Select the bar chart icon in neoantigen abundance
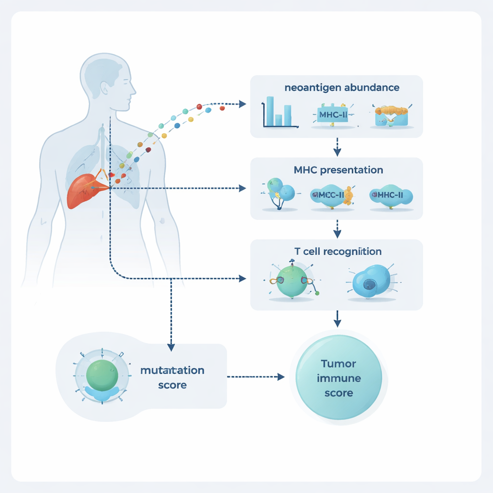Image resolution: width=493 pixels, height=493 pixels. tap(279, 113)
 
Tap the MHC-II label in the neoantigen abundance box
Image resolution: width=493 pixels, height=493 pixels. tap(333, 115)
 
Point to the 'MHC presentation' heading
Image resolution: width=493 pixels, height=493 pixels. tap(338, 170)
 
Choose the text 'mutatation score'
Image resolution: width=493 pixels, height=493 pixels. tap(172, 377)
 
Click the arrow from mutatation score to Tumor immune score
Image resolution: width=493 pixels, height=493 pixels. tap(255, 377)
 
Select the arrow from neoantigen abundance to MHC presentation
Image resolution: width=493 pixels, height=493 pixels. tap(337, 147)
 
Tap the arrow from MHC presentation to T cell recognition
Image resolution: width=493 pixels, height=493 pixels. tap(337, 228)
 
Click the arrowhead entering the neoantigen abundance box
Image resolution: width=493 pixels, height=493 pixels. tap(242, 104)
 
